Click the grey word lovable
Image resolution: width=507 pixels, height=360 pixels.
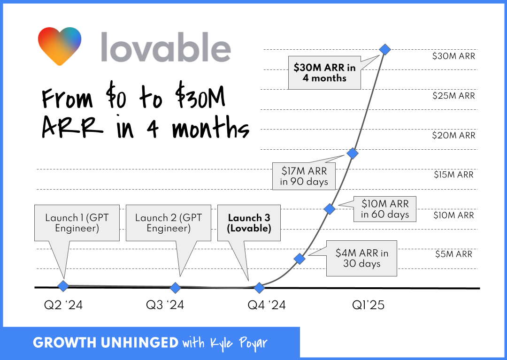(166, 47)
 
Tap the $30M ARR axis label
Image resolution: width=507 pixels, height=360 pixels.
(453, 56)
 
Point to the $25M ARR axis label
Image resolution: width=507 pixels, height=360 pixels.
(453, 96)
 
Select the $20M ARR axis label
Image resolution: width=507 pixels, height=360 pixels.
(453, 136)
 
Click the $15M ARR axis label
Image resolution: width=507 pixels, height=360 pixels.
(453, 175)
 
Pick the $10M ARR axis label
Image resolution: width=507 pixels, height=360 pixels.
(453, 215)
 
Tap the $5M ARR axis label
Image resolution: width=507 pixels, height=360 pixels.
(453, 254)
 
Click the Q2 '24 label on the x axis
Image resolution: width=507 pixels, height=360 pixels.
(63, 305)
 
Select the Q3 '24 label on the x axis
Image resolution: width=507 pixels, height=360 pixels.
(165, 305)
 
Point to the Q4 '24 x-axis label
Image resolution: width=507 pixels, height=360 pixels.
(267, 305)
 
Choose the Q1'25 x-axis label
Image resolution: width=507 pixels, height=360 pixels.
(369, 305)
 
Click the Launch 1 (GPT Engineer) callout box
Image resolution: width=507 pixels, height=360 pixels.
(77, 223)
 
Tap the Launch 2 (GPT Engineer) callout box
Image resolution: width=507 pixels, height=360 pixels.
(169, 223)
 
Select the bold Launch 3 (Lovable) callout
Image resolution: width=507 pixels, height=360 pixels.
(249, 223)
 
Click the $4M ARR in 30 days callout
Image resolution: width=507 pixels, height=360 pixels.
(361, 258)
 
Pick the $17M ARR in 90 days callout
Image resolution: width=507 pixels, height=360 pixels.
(304, 176)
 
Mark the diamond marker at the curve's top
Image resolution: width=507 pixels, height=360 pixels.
(385, 49)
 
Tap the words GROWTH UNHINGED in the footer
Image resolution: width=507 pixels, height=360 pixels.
(106, 343)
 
